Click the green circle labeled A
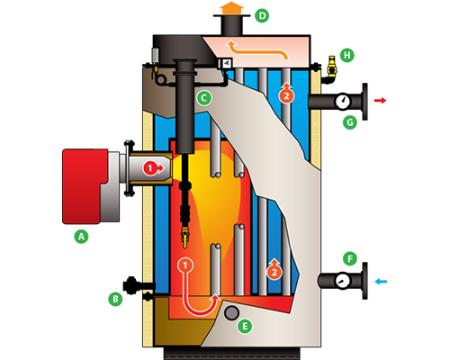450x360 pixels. click(x=81, y=237)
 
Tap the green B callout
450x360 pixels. click(x=115, y=299)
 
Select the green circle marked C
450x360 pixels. click(x=204, y=98)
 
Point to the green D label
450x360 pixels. click(x=262, y=16)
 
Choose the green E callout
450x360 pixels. click(x=245, y=326)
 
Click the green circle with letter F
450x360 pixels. click(x=350, y=259)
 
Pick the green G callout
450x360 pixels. click(x=350, y=122)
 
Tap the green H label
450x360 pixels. click(x=347, y=55)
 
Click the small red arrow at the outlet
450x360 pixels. click(x=380, y=101)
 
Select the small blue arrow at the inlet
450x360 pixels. click(x=381, y=282)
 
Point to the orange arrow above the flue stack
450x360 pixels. click(x=231, y=8)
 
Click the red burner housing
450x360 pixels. click(x=85, y=186)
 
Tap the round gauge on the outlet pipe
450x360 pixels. click(x=342, y=102)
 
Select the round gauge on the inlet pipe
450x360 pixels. click(x=342, y=280)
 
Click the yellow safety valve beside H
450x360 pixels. click(x=332, y=66)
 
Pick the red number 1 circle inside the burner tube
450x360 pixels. click(x=151, y=168)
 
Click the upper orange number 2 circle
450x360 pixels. click(x=286, y=94)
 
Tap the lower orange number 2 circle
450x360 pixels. click(x=274, y=270)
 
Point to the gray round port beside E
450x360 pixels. click(x=231, y=313)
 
